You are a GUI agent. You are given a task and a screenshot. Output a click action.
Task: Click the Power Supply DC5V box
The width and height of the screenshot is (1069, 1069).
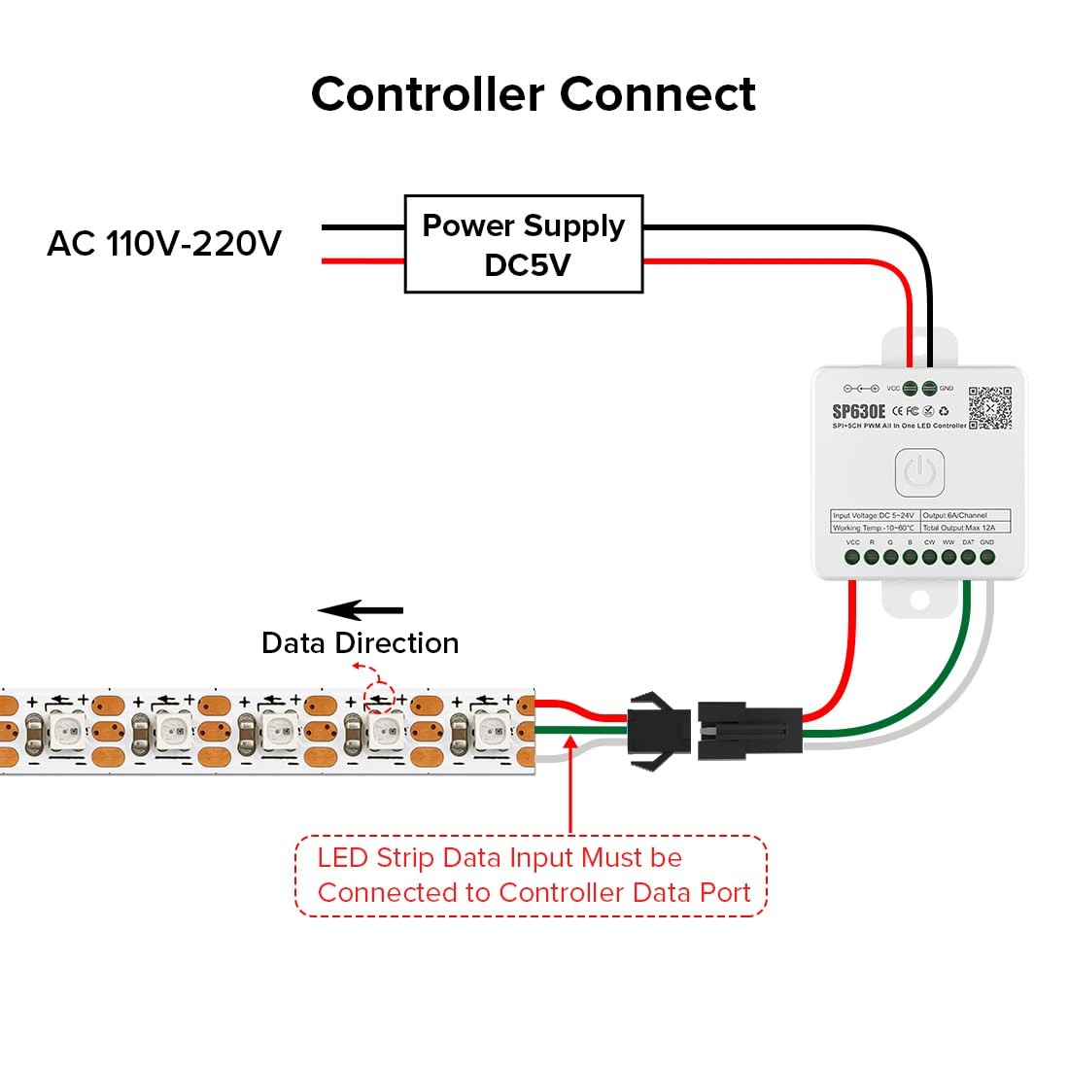coord(524,244)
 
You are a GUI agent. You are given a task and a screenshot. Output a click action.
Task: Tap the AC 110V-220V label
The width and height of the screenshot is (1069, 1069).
coord(164,243)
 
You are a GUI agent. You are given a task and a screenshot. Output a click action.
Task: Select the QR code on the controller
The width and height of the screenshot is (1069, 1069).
coord(989,408)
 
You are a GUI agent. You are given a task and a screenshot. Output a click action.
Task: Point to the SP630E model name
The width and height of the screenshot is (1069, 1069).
coord(859,411)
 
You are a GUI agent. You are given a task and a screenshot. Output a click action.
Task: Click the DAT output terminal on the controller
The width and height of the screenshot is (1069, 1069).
coord(968,557)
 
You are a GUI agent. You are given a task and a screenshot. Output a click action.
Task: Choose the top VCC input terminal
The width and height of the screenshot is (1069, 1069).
coord(911,388)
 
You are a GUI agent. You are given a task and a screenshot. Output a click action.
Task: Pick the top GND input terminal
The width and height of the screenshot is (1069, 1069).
coord(929,388)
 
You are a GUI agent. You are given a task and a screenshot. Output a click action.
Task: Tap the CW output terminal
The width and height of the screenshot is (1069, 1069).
coord(929,557)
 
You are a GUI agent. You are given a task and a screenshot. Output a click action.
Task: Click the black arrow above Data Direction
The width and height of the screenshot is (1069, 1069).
coord(361,610)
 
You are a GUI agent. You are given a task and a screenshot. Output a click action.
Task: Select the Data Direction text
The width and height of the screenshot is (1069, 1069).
coord(361,643)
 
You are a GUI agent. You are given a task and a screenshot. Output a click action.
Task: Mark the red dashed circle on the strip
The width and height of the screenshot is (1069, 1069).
coord(379,698)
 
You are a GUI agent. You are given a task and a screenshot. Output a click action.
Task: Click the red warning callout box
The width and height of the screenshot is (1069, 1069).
coord(531,876)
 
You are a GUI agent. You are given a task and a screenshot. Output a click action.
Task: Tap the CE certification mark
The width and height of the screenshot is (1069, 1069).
coord(897,411)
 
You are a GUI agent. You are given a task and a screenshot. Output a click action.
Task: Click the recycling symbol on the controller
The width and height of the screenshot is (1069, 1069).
coord(943,411)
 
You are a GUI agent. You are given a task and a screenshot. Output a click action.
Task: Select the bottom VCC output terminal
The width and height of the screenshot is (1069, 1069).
coord(852,557)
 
